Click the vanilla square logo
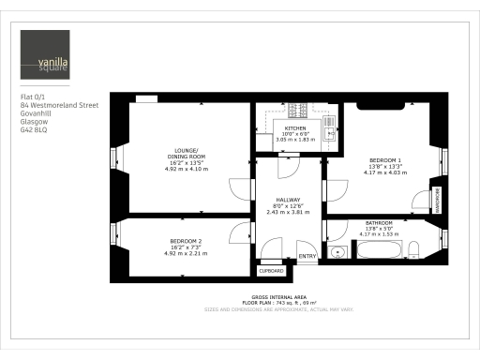[46, 55]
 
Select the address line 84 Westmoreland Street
[59, 106]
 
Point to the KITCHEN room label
[295, 127]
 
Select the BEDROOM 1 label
[385, 160]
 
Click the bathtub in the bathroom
[378, 249]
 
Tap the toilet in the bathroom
[412, 248]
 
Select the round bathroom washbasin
[337, 251]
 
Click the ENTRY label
[307, 256]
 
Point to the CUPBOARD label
[270, 270]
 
